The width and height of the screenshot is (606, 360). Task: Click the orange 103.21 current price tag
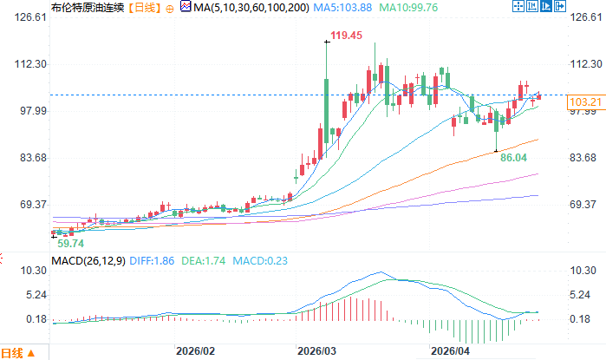click(x=585, y=103)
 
